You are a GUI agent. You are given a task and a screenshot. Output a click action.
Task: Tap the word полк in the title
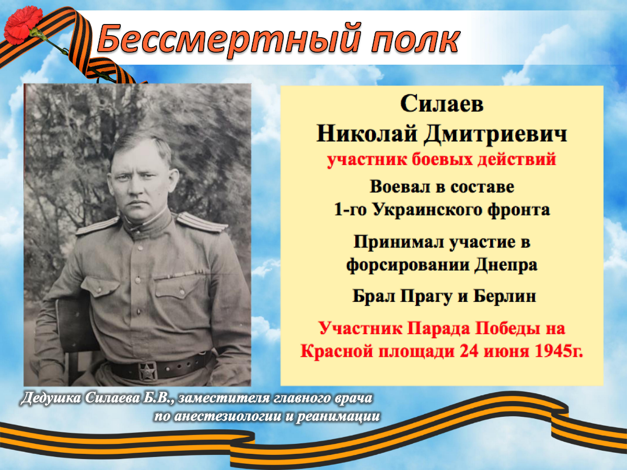click(415, 40)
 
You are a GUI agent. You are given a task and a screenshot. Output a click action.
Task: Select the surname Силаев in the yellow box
click(442, 104)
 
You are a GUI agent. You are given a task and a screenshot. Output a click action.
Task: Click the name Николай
click(367, 134)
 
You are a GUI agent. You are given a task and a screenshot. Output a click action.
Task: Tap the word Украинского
click(427, 210)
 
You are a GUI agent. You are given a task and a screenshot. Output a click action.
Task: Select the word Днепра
click(506, 265)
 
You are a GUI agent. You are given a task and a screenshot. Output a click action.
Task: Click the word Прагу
click(426, 297)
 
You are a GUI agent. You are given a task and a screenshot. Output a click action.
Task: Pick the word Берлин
click(505, 296)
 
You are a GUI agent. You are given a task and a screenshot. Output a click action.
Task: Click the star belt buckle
click(148, 371)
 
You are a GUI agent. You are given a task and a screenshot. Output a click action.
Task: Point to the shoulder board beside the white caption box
click(202, 222)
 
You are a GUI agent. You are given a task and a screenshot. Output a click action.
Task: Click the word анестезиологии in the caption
click(228, 416)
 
